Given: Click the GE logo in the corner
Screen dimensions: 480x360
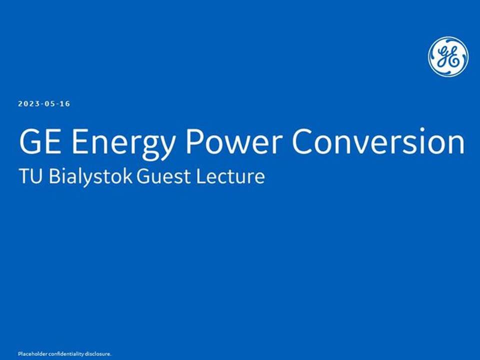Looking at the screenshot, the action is coord(448,56).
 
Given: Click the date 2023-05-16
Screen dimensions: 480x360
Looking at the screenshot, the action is coord(44,104).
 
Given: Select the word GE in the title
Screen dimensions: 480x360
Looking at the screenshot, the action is coord(39,141).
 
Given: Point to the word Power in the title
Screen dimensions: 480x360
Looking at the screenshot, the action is coord(234,141).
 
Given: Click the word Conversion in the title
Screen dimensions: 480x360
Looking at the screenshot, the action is coord(378,141).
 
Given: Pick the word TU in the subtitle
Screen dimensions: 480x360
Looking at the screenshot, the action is coord(30,176).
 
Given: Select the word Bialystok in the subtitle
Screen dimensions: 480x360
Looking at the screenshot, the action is coord(90,177).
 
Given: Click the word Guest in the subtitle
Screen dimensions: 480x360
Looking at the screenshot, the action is coord(163,176).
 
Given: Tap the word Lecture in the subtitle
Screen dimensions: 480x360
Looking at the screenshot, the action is coord(230,176).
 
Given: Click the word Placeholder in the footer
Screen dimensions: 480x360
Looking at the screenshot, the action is coord(32,354).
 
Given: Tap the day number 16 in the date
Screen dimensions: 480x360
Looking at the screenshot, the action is coord(65,104).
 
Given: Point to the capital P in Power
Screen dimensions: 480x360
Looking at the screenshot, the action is coord(194,141).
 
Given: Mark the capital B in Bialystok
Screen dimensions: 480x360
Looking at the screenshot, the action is coord(54,176).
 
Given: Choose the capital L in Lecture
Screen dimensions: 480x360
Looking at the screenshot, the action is coord(201,176).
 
